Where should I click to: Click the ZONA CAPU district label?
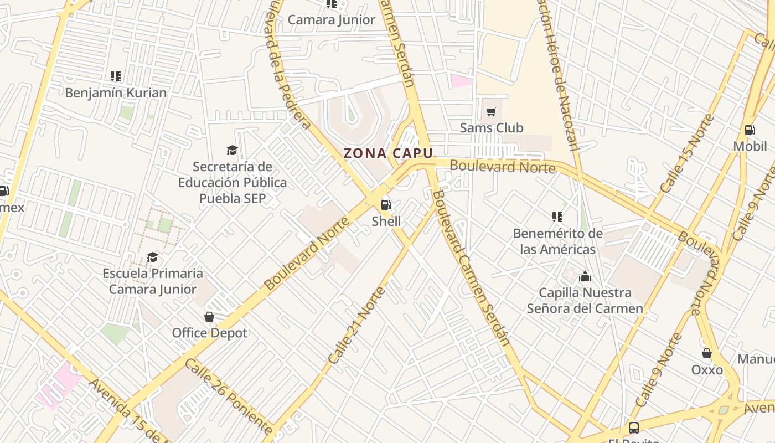[388, 153]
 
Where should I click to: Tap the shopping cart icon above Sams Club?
[491, 112]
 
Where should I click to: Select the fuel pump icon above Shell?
[386, 205]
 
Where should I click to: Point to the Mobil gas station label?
[750, 146]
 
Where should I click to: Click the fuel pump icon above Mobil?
[750, 130]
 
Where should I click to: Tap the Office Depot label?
[209, 333]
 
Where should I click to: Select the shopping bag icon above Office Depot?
[209, 317]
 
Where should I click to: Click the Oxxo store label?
[707, 369]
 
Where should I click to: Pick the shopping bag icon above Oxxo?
[707, 353]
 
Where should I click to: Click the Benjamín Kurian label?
[116, 92]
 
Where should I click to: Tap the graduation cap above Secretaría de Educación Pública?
[232, 150]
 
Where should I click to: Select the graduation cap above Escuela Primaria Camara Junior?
[152, 257]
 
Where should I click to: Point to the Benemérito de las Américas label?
[557, 241]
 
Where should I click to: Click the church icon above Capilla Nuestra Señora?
[585, 277]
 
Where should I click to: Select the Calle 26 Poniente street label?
[228, 396]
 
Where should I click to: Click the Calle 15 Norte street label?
[687, 153]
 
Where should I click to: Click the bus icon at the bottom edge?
[633, 427]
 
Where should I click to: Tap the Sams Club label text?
[491, 128]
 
